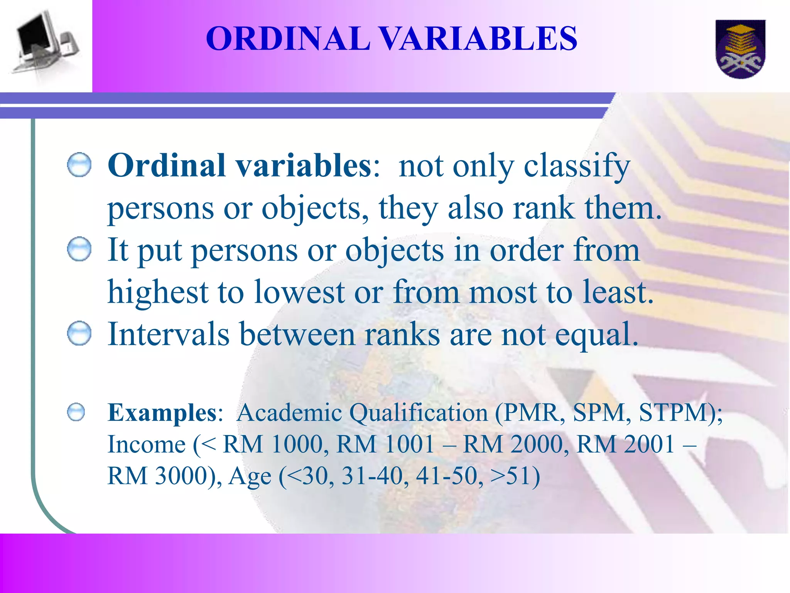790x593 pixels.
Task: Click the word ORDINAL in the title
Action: (x=288, y=39)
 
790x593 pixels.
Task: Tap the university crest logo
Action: (x=740, y=49)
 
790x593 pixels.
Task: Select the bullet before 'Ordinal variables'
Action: (x=79, y=165)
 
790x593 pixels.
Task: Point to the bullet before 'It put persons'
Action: (x=79, y=249)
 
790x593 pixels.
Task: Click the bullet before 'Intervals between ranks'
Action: (x=79, y=333)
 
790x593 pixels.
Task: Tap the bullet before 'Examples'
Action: (x=76, y=412)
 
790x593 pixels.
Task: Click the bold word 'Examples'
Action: (x=162, y=413)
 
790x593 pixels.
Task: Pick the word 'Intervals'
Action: (x=169, y=334)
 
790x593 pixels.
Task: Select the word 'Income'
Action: (x=147, y=445)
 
